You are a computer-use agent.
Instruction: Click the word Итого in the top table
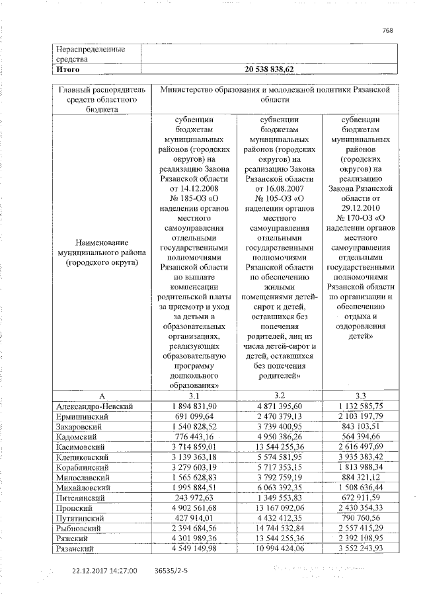tap(69, 68)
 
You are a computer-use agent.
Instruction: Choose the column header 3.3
tap(360, 396)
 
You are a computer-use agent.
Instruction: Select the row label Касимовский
tap(81, 447)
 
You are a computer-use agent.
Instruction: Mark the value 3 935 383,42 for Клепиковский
tap(360, 457)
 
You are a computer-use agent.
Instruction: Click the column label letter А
tap(102, 396)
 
